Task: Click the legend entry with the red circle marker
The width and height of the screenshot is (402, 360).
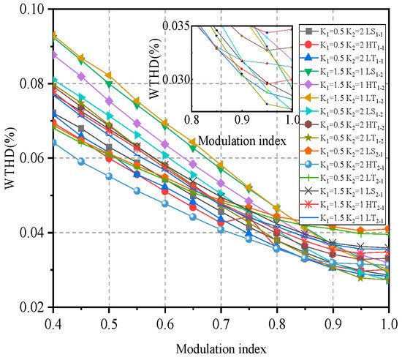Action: [347, 45]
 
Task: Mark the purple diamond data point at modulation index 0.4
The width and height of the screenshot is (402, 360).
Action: [53, 55]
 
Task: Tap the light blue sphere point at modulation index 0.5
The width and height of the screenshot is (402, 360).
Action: [109, 176]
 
